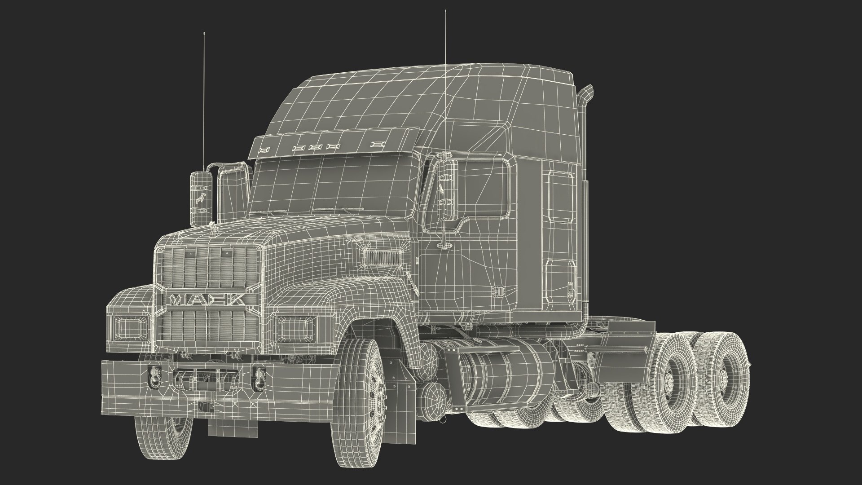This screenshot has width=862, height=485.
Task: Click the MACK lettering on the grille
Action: click(x=207, y=300)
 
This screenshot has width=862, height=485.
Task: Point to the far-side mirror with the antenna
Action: click(x=201, y=198)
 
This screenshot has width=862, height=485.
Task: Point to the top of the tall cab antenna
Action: click(x=445, y=12)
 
